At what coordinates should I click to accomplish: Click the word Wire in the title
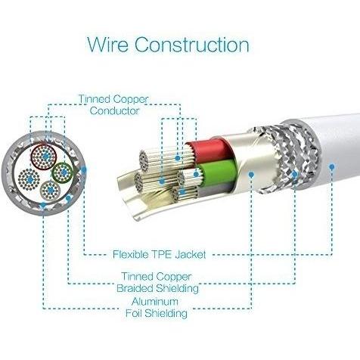coord(108,45)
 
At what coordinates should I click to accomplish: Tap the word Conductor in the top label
coord(114,111)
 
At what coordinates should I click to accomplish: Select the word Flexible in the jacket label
coord(130,254)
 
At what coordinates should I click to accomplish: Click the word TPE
coord(162,254)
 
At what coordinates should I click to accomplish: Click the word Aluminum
coord(155,302)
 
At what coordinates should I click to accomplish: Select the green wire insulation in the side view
coord(217,172)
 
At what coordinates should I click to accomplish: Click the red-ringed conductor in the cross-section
coord(43,157)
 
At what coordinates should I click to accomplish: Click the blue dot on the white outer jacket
coord(332,166)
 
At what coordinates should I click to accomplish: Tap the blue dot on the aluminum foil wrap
coord(251,174)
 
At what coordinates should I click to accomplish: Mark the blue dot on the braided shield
coord(294,174)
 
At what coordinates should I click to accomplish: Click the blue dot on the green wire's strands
coord(196,174)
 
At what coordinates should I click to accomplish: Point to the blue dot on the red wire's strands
coord(178,158)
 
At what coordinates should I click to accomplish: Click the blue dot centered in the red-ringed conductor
coord(45,157)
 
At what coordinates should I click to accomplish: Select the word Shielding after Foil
coord(166,313)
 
